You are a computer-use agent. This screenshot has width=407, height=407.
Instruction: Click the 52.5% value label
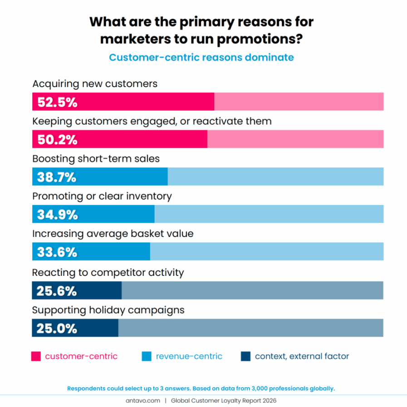click(x=57, y=103)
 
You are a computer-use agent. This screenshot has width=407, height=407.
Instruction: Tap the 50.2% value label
click(x=57, y=140)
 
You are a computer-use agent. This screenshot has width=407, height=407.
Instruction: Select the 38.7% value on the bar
click(x=57, y=177)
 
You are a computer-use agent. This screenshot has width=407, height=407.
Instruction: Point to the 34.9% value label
click(x=57, y=215)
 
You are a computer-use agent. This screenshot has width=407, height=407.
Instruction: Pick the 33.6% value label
click(x=57, y=252)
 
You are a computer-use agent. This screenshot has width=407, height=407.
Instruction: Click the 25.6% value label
click(x=57, y=291)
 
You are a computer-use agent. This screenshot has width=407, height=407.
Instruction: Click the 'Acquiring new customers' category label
click(x=95, y=84)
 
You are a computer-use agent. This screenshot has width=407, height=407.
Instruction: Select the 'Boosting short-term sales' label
click(x=96, y=159)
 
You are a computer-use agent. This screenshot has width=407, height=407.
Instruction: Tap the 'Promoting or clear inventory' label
click(x=102, y=196)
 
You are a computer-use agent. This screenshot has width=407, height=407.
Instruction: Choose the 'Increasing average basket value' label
click(x=113, y=234)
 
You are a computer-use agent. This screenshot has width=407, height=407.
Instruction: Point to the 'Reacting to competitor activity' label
click(x=108, y=272)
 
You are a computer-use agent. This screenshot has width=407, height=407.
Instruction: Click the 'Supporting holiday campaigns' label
click(x=108, y=310)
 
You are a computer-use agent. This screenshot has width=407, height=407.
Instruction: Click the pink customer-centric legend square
click(x=36, y=356)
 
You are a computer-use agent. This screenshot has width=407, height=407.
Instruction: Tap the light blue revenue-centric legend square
click(x=146, y=356)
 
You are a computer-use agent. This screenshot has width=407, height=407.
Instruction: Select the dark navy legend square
click(x=245, y=356)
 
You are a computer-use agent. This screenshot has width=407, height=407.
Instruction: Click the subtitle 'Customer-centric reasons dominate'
click(x=201, y=58)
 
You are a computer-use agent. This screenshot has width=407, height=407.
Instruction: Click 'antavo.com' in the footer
click(x=143, y=401)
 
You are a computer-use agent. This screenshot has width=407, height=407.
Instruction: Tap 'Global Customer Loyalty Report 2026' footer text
click(x=223, y=401)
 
